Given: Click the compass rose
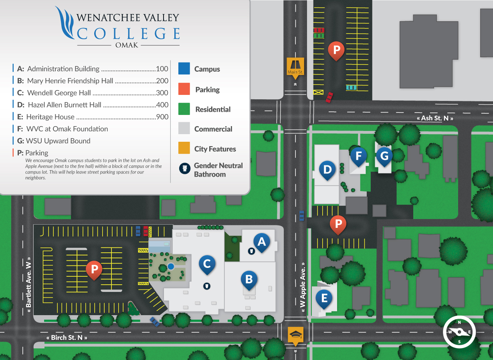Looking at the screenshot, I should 459,332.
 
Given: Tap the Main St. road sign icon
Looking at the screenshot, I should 295,66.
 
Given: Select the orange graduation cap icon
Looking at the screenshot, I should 296,335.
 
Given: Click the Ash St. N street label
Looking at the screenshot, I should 435,118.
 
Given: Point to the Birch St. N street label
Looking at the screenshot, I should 67,338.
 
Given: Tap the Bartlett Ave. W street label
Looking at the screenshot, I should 28,285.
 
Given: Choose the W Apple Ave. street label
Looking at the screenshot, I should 303,285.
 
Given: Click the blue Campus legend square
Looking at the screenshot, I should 184,69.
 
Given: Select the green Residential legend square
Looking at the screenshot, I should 184,109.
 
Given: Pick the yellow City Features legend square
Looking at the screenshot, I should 184,148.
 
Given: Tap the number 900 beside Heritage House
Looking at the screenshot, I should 162,117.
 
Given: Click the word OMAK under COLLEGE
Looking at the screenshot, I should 127,45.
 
